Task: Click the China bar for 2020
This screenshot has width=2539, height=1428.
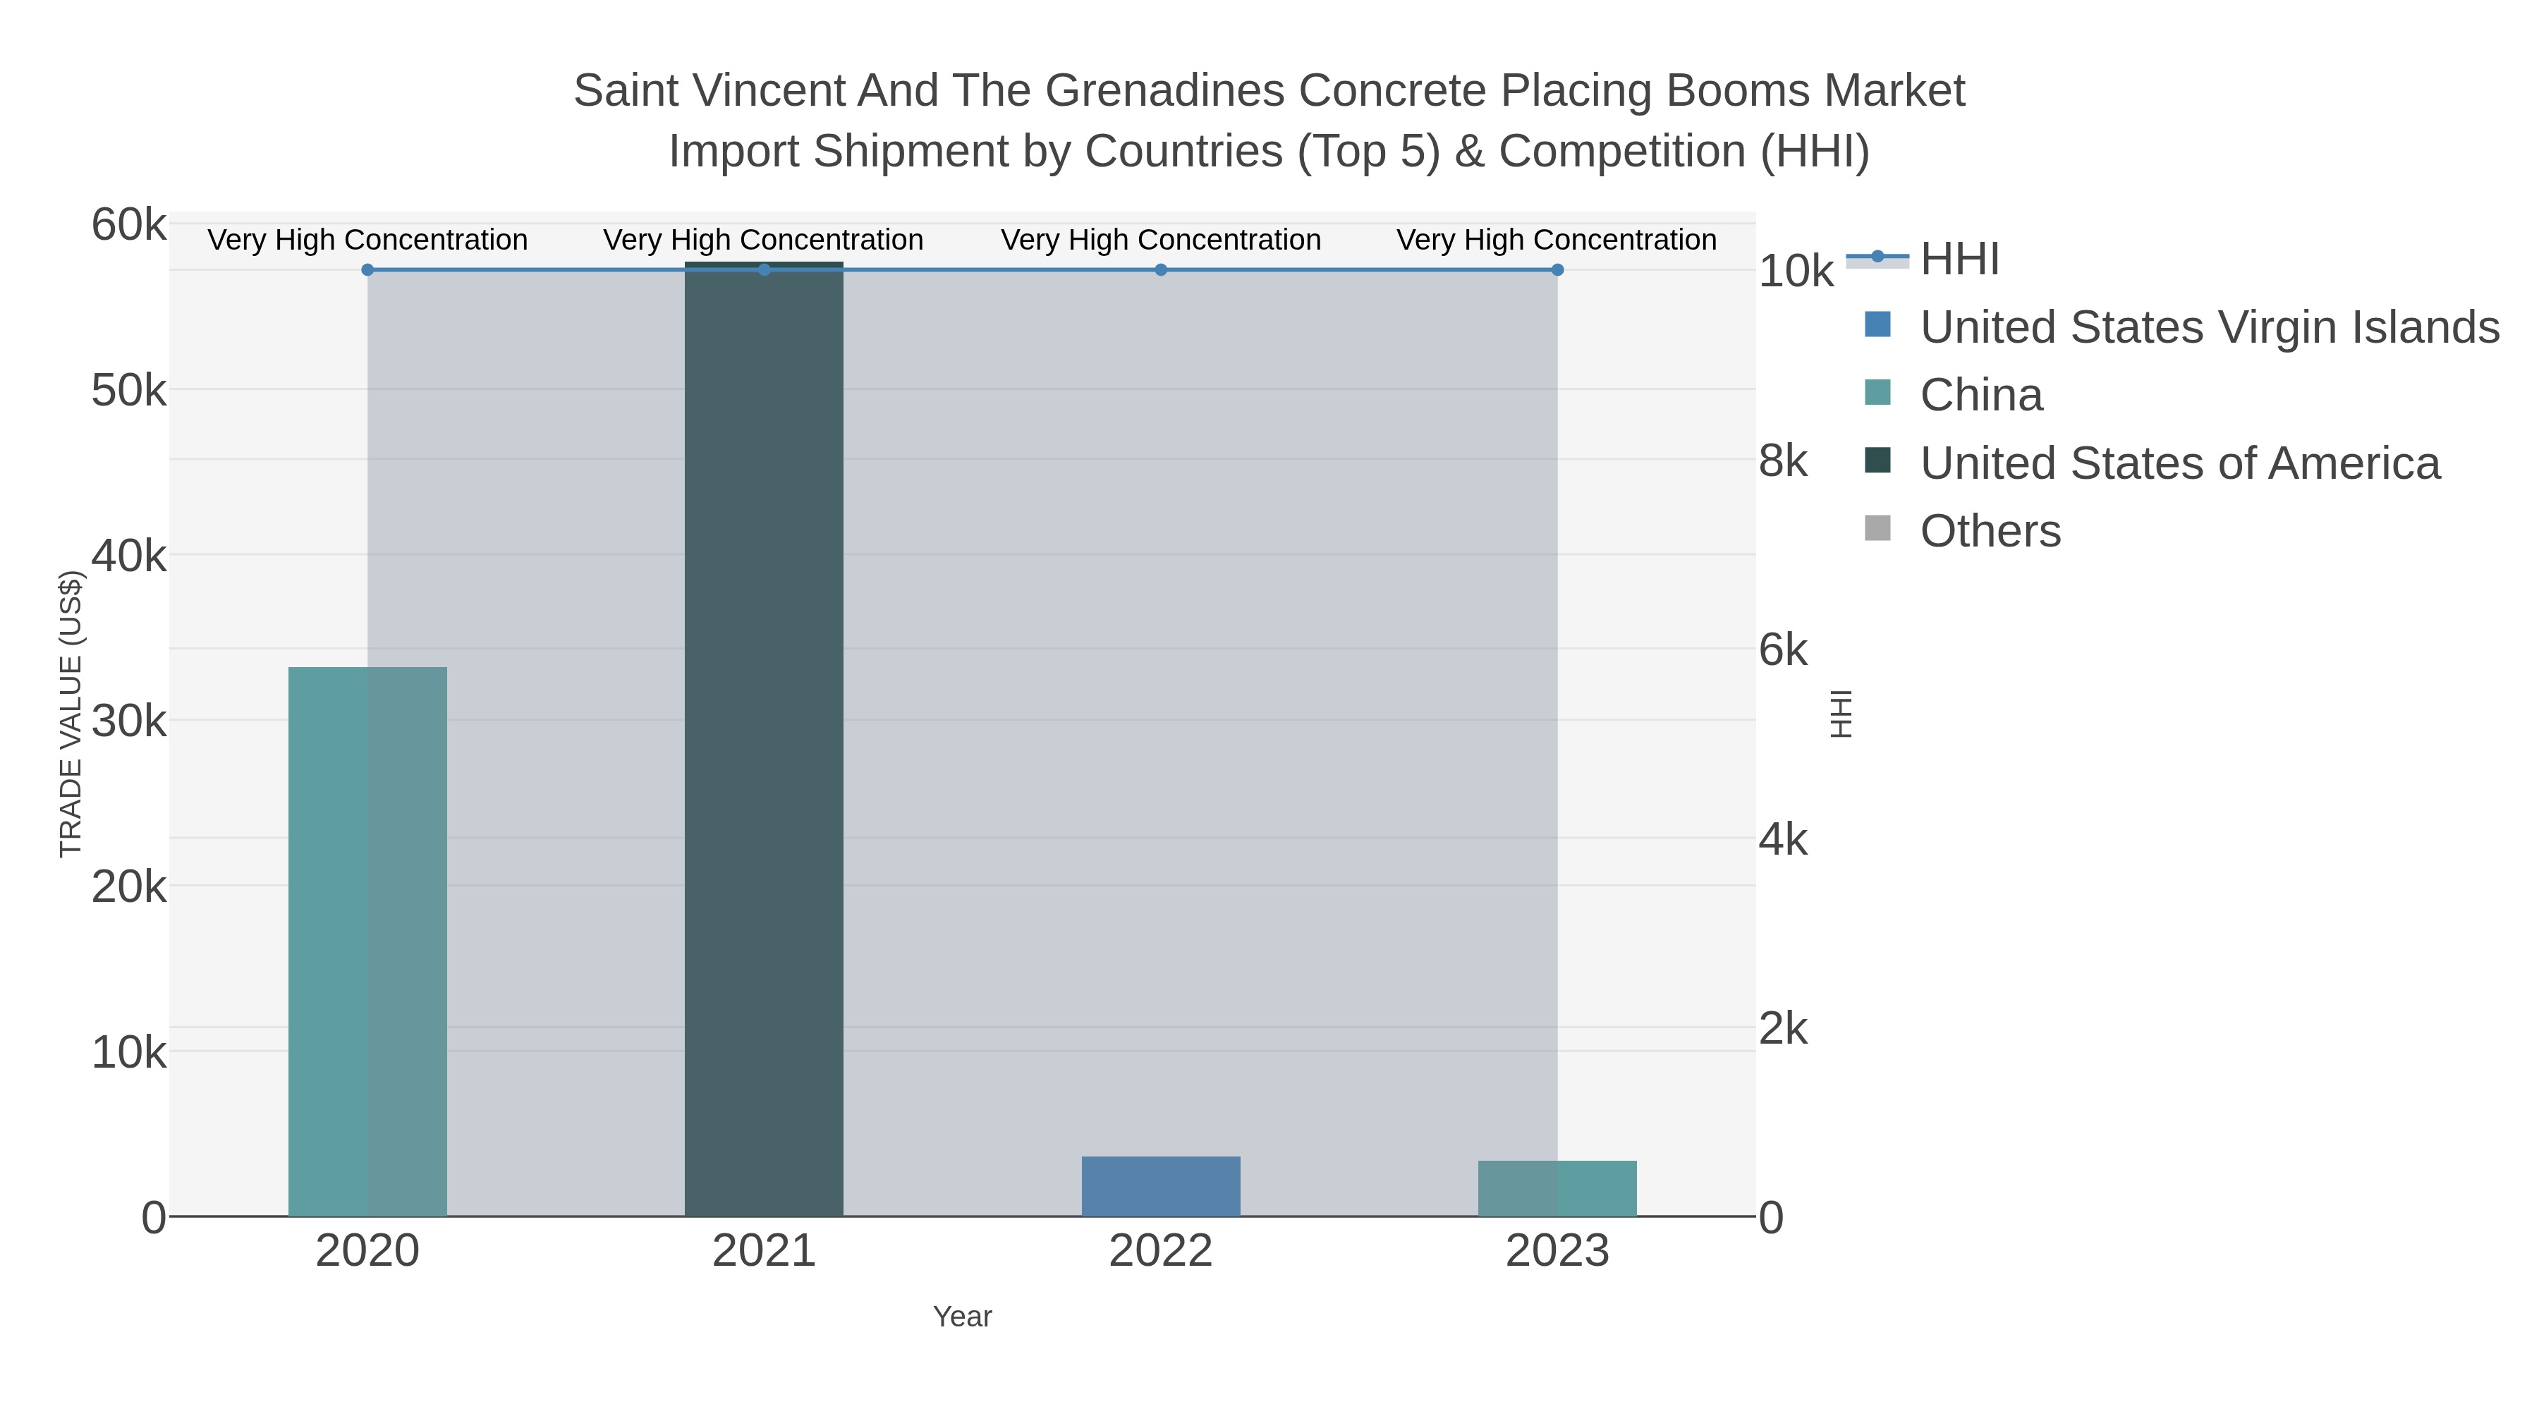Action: point(367,941)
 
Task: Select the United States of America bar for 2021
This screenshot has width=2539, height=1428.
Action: point(764,739)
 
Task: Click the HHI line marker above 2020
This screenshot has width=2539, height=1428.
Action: point(367,270)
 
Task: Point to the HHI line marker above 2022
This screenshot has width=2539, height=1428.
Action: point(1161,270)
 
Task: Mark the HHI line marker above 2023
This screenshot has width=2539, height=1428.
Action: point(1557,270)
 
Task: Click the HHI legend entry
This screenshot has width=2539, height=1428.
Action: point(1959,260)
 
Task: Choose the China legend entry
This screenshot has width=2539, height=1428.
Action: point(1981,395)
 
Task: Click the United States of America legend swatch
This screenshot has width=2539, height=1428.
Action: point(1877,461)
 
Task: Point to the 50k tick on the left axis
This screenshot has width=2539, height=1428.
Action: point(129,391)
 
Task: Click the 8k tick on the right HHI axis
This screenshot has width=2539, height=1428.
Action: point(1783,461)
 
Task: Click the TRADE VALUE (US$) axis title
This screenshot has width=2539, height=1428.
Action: point(71,714)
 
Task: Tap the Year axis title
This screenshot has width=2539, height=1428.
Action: point(962,1317)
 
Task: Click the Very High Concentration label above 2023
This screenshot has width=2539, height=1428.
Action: point(1557,240)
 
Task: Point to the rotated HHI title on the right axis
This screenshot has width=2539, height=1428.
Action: point(1840,714)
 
